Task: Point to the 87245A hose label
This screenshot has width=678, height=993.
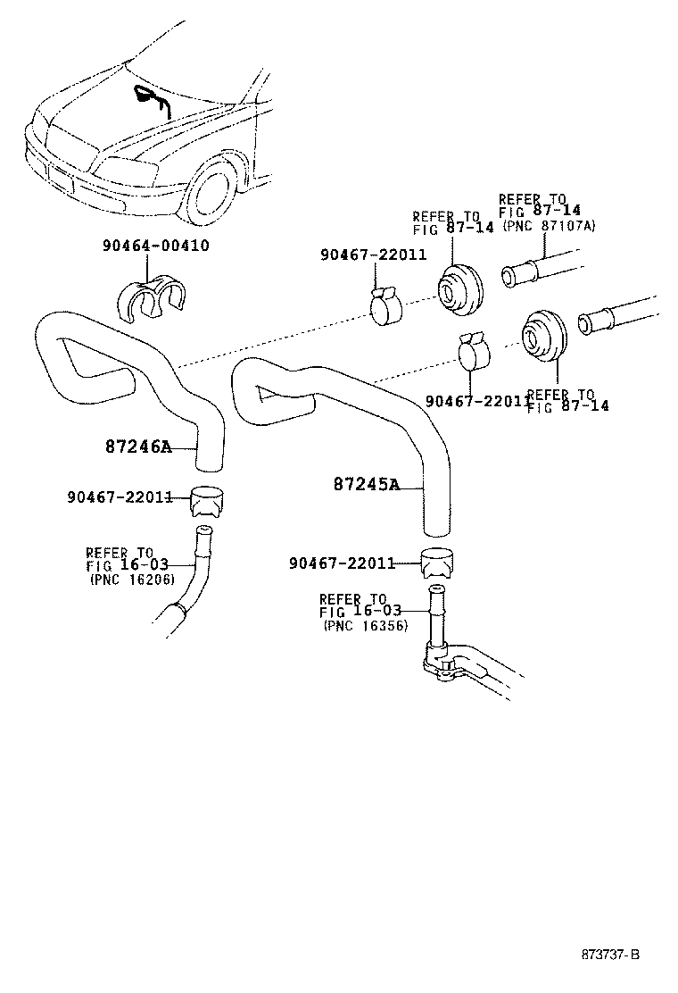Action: [x=366, y=485]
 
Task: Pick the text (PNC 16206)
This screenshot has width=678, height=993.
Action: [x=130, y=579]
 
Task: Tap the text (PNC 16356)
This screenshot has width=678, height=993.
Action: [x=365, y=626]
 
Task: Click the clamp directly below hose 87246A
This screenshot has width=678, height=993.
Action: [x=209, y=502]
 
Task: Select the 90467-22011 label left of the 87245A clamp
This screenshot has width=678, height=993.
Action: [x=342, y=563]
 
